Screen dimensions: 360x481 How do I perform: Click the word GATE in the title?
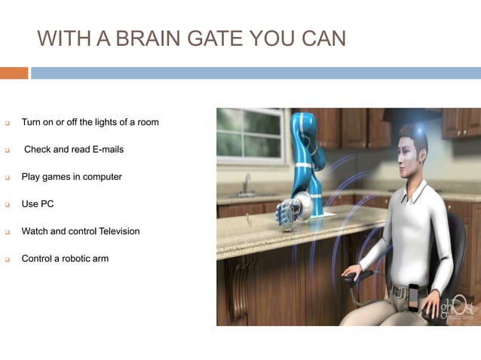coord(204,38)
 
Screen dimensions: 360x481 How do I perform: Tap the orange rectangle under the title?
coord(14,73)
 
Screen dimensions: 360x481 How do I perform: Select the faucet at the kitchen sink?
coord(247,182)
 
